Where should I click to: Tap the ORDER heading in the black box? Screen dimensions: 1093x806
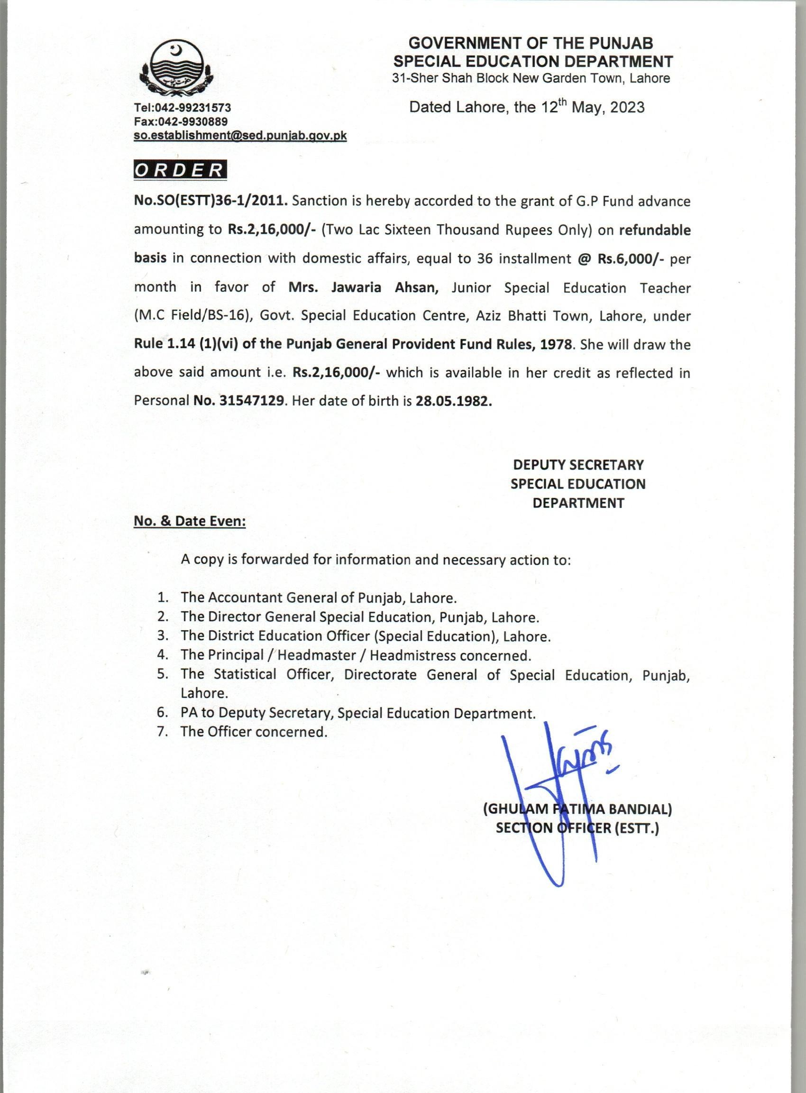tap(180, 170)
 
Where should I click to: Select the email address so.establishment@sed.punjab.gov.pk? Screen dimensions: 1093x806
tap(240, 136)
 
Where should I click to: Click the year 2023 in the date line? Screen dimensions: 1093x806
tap(626, 107)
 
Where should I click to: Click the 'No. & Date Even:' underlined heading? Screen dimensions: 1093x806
tap(190, 521)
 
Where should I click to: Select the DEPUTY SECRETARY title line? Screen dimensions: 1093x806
tap(578, 465)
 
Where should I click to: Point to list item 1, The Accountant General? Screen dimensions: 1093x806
tap(318, 597)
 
